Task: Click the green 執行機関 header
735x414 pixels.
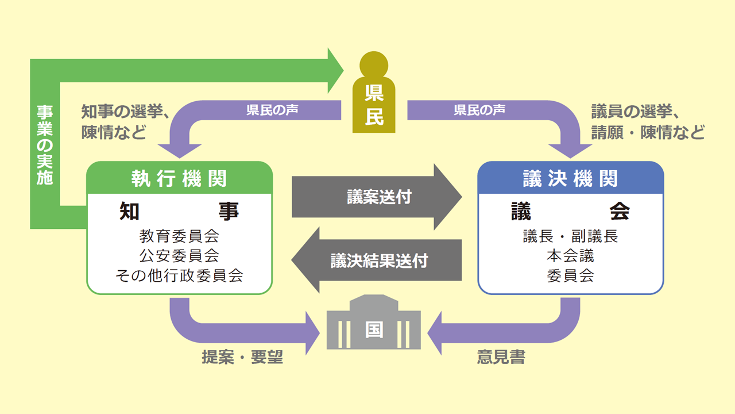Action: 179,178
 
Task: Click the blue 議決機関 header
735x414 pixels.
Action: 570,178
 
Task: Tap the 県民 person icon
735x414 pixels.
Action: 374,95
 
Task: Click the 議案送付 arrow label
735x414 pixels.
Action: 379,197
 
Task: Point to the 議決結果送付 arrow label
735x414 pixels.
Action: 379,260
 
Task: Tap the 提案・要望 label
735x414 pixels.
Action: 242,357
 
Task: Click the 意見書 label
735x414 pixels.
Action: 501,357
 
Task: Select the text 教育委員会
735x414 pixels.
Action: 179,236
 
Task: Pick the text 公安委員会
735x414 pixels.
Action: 179,255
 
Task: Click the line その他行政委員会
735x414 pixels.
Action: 179,275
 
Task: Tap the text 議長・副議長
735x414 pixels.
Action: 570,236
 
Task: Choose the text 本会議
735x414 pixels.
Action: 570,255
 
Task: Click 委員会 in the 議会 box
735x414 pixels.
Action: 570,275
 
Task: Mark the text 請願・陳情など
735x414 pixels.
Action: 648,133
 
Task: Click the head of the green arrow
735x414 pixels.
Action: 334,71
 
